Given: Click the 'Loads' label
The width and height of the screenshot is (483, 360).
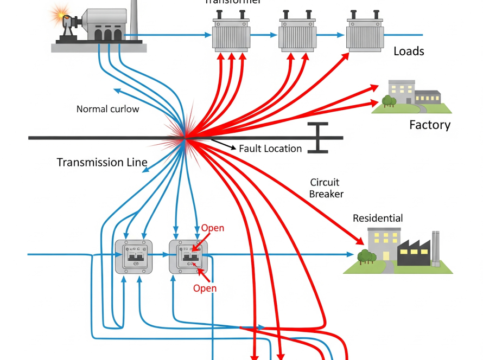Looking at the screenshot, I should (409, 51).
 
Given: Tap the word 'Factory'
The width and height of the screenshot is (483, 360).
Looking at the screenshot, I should (429, 125).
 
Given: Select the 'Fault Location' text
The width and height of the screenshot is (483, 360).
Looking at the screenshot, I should (270, 149).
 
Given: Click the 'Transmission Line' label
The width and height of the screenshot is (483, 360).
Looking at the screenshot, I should (102, 162).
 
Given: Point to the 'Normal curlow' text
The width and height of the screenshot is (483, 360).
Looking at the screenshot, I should (107, 109).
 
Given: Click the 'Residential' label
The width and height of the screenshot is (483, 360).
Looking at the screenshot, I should (378, 218).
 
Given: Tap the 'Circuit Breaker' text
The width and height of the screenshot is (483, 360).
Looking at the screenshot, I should (326, 188).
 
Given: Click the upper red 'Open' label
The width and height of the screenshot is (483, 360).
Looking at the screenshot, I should (212, 228).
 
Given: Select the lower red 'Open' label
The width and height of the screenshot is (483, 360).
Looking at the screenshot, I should (205, 288).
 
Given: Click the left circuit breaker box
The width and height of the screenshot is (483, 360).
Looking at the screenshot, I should (133, 256).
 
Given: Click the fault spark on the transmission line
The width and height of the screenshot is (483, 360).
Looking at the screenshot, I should (185, 138).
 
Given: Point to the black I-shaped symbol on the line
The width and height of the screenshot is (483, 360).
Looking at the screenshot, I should (318, 137).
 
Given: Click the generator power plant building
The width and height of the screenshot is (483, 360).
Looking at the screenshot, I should (103, 27).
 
